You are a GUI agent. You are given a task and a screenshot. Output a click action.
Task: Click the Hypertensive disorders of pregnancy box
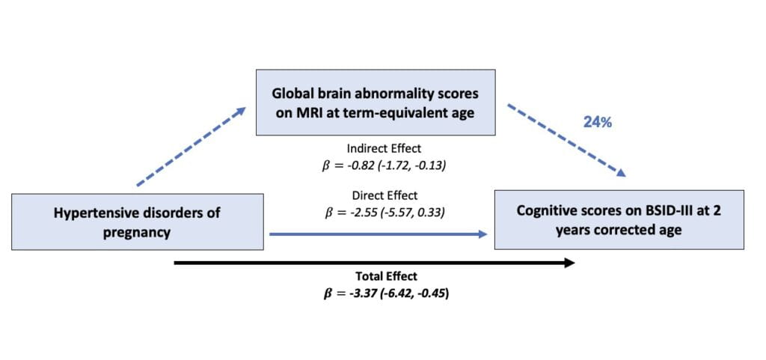click(138, 222)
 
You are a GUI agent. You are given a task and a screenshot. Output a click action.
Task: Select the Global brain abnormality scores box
click(376, 103)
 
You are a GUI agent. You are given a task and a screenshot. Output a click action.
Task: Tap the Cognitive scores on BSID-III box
click(618, 220)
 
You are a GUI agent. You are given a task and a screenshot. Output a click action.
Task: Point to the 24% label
click(598, 122)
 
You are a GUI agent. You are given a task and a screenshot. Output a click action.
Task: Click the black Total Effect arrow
click(374, 263)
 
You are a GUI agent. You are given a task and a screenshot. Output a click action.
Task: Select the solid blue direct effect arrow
click(378, 234)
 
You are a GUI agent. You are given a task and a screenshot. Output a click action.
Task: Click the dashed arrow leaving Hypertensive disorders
click(191, 147)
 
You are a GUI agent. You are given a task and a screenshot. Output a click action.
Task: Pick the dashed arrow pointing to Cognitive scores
click(566, 140)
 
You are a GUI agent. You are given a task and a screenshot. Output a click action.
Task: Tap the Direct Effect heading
click(383, 195)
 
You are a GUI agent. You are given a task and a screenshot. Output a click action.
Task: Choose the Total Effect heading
click(382, 276)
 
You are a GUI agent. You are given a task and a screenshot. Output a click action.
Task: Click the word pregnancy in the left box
click(138, 232)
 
